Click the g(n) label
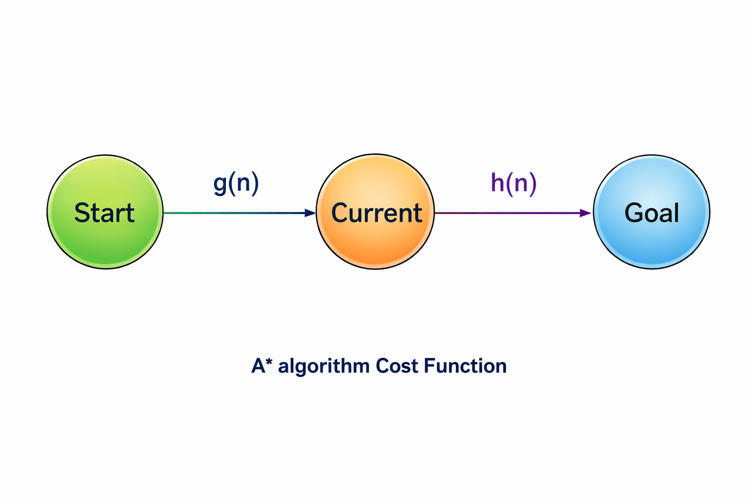[x=236, y=183]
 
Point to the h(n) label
[x=513, y=183]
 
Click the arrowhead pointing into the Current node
[x=310, y=213]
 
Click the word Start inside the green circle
[x=104, y=213]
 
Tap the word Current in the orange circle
[x=377, y=213]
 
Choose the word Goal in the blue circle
[x=652, y=213]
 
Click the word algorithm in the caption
[x=323, y=366]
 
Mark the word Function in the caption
[x=465, y=366]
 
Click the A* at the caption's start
[x=262, y=365]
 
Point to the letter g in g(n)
[x=220, y=184]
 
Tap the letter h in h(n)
[x=498, y=182]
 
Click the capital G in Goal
[x=633, y=213]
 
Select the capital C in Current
[x=341, y=213]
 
